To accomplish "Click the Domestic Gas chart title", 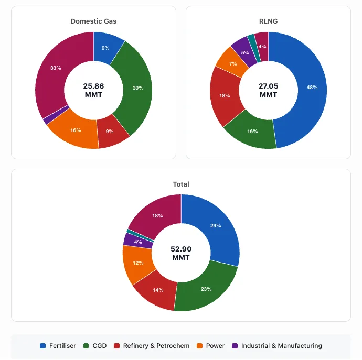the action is (93, 21).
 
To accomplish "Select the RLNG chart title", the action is (268, 21).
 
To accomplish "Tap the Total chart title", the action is (181, 184).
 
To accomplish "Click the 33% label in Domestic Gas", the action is (56, 68).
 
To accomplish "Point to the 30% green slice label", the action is (138, 88).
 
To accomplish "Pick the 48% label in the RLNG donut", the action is (312, 88).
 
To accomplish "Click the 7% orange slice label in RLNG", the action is (233, 63).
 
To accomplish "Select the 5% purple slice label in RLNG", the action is (245, 53).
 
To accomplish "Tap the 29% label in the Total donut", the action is (216, 226).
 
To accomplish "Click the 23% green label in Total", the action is (206, 289).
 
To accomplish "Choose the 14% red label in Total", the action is (158, 290).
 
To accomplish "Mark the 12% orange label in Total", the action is (139, 263).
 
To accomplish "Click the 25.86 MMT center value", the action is (93, 90).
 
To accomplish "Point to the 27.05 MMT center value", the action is (268, 90).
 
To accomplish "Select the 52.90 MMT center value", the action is (181, 253).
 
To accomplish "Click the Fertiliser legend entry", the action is (58, 346).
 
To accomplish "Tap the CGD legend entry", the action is (95, 346).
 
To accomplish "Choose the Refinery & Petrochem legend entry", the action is (152, 346).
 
